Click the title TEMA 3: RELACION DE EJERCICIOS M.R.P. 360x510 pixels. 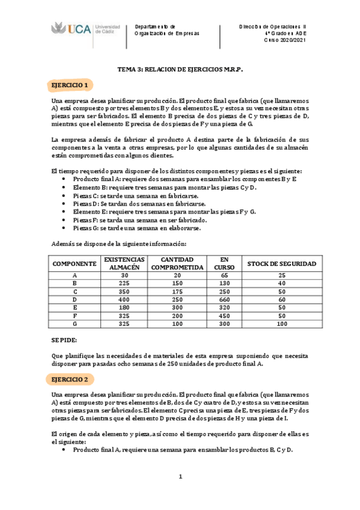pyautogui.click(x=180, y=70)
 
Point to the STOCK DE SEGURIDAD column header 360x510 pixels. pyautogui.click(x=282, y=263)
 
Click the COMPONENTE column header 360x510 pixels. pyautogui.click(x=75, y=263)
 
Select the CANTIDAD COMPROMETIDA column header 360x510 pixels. pyautogui.click(x=176, y=263)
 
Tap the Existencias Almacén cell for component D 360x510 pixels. pyautogui.click(x=124, y=299)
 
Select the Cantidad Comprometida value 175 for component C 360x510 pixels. pyautogui.click(x=176, y=291)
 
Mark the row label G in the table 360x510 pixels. pyautogui.click(x=75, y=323)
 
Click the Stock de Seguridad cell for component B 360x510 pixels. pyautogui.click(x=282, y=283)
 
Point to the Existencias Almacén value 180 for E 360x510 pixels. pyautogui.click(x=124, y=307)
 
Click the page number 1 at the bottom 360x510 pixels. pyautogui.click(x=180, y=477)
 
